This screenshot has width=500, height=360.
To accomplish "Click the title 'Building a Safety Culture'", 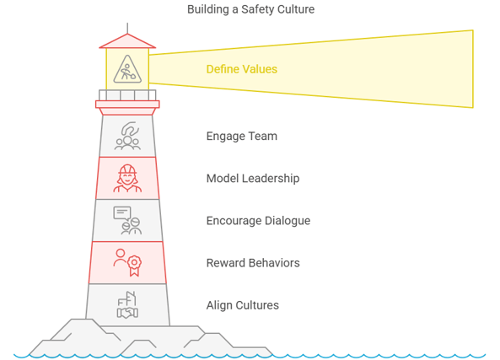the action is [x=250, y=9].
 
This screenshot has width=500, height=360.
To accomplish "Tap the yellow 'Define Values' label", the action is [x=242, y=69].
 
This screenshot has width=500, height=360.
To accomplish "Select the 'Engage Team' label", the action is [x=242, y=137].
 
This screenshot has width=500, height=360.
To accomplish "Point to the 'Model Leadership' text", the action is [x=253, y=179].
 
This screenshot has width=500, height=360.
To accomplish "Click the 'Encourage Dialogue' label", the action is [x=258, y=221].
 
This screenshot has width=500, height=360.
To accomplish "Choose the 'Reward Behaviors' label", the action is [x=253, y=263].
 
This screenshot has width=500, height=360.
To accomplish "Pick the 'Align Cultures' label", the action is [x=242, y=305].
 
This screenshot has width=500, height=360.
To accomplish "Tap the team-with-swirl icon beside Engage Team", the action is [x=127, y=136].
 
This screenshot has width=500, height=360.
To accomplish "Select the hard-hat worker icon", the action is [x=127, y=178].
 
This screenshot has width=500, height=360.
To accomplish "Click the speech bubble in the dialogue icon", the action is [x=122, y=213].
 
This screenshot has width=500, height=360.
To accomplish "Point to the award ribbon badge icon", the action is [x=134, y=266].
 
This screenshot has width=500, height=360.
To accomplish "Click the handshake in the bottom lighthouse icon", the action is [x=127, y=313].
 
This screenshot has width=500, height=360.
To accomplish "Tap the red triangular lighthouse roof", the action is [x=127, y=41].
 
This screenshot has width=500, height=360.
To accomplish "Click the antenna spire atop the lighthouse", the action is [x=127, y=28].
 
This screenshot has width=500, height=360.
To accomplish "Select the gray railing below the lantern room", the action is [x=127, y=95].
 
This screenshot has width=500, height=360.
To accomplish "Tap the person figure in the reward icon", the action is [x=120, y=258].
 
